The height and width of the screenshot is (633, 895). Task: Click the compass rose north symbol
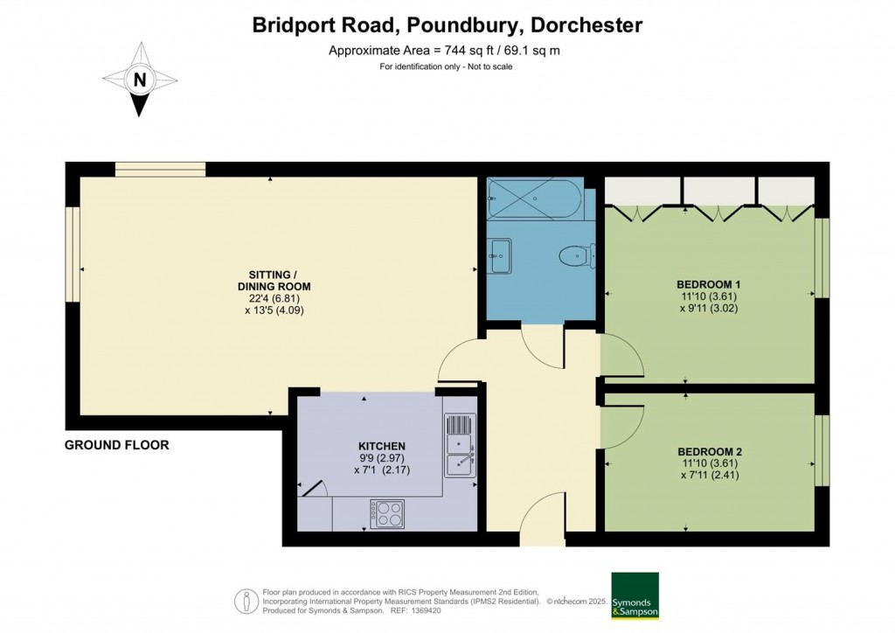point(139,80)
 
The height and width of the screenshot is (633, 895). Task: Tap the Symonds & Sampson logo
point(635,595)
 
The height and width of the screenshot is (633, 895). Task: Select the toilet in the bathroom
point(575,255)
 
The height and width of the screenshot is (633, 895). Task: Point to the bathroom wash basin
point(502,257)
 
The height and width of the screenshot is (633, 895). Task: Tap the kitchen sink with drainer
point(460,444)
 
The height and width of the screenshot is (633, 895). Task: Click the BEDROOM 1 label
point(709,284)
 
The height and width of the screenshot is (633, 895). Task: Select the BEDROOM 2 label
point(709,451)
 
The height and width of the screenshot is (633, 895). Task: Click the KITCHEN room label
point(382,446)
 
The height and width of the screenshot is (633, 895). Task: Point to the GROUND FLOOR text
point(116,445)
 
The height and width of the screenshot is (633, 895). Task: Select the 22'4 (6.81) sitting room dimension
point(274,298)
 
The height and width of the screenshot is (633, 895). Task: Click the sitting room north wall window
point(160,169)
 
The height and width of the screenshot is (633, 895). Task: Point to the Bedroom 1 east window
point(821,257)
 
